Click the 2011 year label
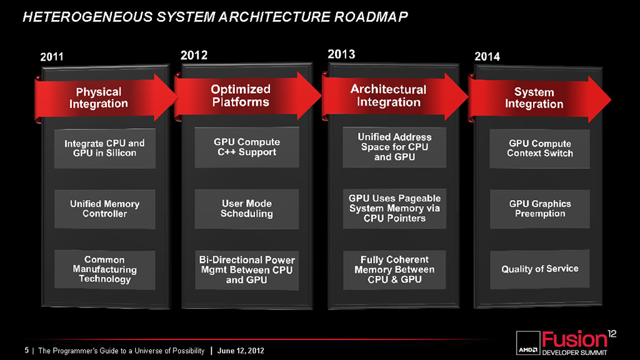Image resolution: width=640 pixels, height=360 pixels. [52, 56]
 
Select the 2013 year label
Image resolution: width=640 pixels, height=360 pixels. [341, 54]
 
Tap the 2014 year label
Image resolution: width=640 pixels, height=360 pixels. [487, 56]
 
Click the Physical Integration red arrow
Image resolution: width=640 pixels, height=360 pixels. [106, 97]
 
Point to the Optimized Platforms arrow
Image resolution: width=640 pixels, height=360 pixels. [247, 96]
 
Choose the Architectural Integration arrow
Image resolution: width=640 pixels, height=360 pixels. [395, 96]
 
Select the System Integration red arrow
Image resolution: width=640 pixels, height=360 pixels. [539, 98]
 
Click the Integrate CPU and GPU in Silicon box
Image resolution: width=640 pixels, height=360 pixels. [104, 148]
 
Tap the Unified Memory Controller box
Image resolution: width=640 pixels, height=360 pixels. [104, 209]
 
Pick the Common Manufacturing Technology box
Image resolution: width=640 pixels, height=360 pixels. [104, 269]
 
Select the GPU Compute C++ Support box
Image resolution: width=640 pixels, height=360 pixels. [246, 147]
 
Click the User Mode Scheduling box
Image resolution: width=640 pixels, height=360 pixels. [246, 209]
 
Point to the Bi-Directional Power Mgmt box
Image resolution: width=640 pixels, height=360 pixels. [246, 270]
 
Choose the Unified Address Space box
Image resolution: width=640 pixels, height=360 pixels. [394, 147]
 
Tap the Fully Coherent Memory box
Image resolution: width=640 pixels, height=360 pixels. [394, 269]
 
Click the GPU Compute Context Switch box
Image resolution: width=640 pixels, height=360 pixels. [539, 149]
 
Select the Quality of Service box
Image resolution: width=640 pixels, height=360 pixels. [539, 269]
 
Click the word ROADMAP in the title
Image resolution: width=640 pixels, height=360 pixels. [371, 17]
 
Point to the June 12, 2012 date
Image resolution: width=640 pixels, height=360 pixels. [241, 351]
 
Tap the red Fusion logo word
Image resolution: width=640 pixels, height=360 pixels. [574, 339]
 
